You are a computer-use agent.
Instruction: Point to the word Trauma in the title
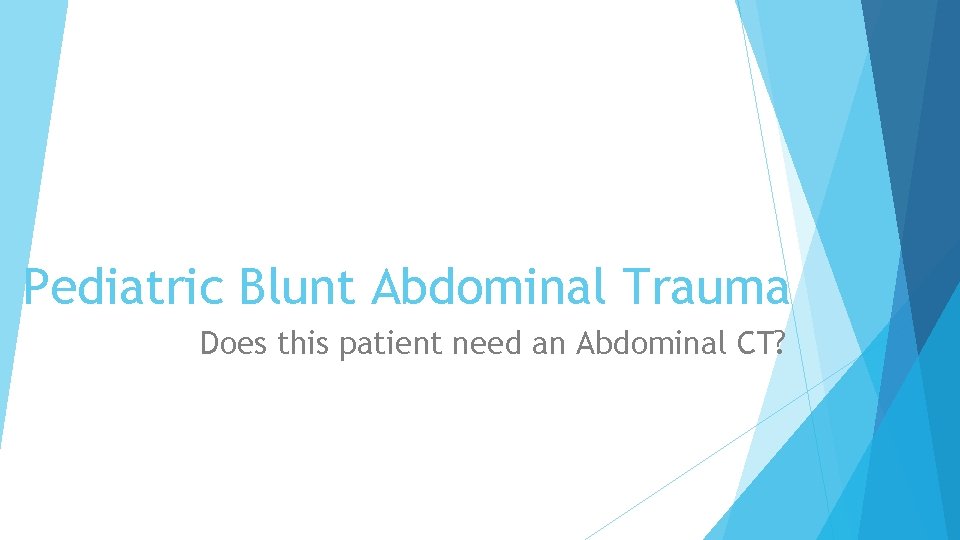coord(705,288)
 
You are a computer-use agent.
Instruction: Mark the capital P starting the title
coord(36,288)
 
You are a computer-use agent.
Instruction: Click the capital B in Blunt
coord(253,288)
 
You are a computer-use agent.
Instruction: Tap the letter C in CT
coord(748,343)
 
